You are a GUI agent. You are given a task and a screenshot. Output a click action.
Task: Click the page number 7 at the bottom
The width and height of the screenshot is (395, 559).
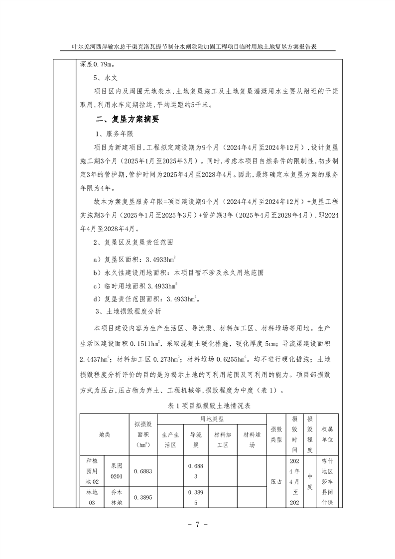(x=197, y=525)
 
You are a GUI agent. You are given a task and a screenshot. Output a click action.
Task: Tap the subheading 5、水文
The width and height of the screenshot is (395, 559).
(x=105, y=78)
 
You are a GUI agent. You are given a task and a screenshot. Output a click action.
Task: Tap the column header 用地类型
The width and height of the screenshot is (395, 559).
(x=212, y=419)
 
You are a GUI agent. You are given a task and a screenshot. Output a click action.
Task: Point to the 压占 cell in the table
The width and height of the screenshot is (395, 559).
(x=275, y=482)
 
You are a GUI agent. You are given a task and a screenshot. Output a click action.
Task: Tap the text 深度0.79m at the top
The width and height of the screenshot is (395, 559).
(x=97, y=64)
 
